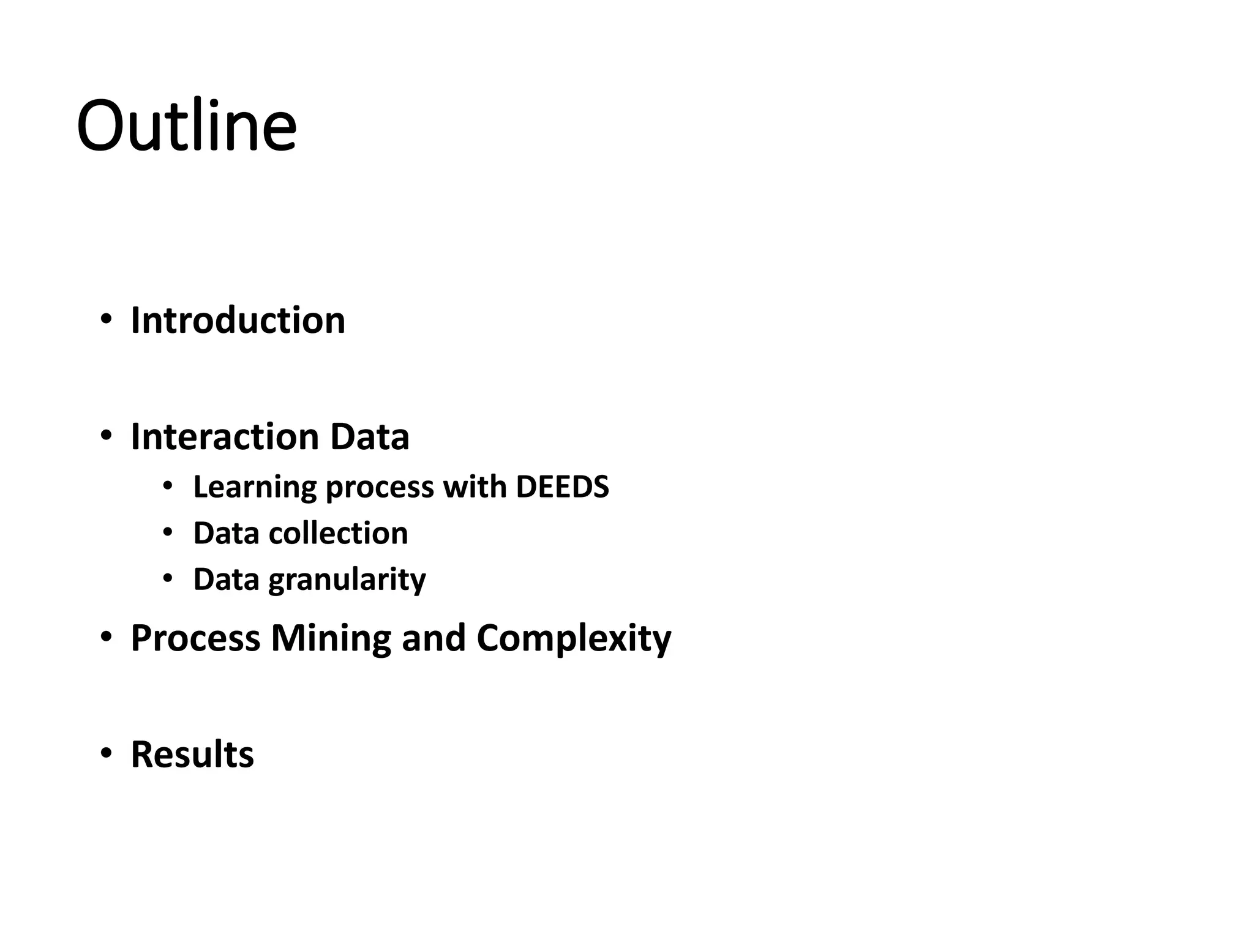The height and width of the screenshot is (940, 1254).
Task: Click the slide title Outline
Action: [x=186, y=126]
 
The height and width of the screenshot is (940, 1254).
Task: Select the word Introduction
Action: [x=238, y=320]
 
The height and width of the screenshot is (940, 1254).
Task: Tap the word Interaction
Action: [x=225, y=436]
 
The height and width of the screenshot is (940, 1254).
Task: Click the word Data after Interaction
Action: [x=369, y=436]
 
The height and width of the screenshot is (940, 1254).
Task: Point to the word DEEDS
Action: [x=562, y=487]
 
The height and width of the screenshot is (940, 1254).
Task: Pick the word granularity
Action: [x=347, y=580]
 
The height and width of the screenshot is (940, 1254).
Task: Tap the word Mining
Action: [x=330, y=638]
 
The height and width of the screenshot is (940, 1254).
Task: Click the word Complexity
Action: [x=573, y=639]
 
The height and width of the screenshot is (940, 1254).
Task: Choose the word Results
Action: [x=192, y=754]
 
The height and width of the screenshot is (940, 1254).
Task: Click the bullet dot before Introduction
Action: [x=107, y=319]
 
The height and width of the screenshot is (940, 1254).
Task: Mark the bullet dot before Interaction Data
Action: [x=107, y=435]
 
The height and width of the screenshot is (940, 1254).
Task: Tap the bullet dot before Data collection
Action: [x=168, y=532]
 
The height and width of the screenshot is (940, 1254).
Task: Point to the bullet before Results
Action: [x=107, y=753]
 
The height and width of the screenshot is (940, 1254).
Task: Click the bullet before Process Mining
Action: [x=107, y=636]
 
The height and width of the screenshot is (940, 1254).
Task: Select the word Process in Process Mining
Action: [x=195, y=638]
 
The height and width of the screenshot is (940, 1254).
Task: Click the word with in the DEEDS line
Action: [x=475, y=487]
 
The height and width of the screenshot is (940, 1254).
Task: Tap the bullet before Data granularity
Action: [x=168, y=578]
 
